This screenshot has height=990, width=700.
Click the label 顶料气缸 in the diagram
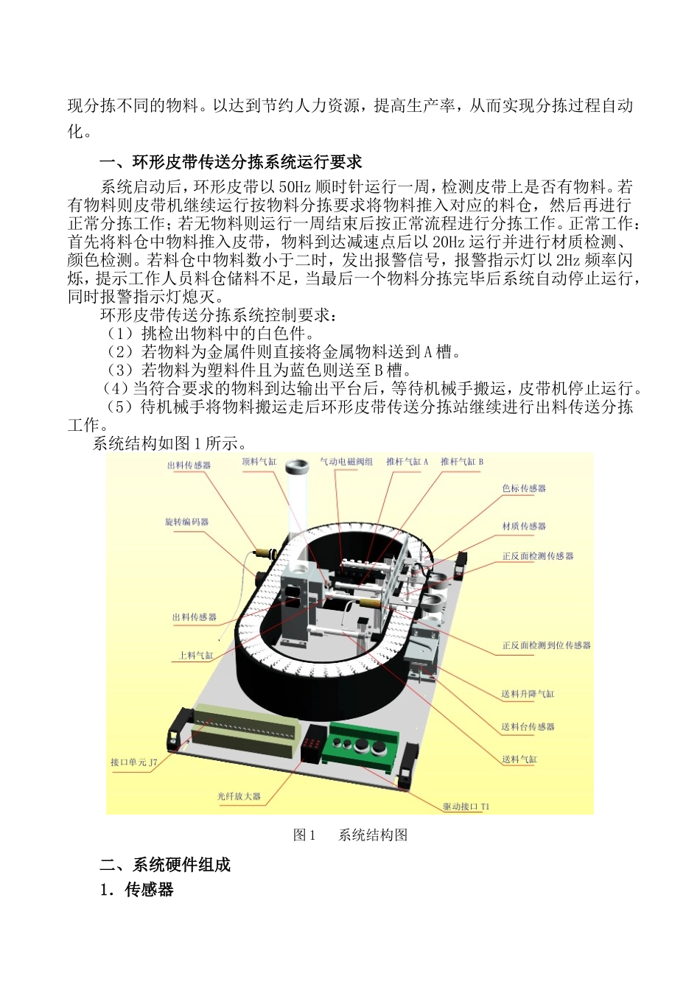click(x=259, y=462)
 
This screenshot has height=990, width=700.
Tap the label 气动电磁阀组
click(x=346, y=462)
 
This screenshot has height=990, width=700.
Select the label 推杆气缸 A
click(x=407, y=462)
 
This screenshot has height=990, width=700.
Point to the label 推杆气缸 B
click(x=462, y=462)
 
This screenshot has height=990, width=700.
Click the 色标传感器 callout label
click(x=524, y=488)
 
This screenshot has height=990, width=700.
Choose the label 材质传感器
click(x=524, y=526)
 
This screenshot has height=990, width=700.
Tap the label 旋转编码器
click(x=186, y=522)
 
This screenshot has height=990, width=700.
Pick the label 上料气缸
click(x=196, y=655)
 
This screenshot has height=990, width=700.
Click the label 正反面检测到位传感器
click(x=546, y=645)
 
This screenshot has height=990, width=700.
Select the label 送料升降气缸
click(x=528, y=694)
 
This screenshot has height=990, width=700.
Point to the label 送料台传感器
click(x=528, y=727)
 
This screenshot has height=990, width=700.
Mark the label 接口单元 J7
click(x=133, y=762)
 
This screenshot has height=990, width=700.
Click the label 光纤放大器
click(x=239, y=796)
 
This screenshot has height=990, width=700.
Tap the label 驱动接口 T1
click(x=466, y=807)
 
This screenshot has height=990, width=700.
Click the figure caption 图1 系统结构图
click(x=350, y=835)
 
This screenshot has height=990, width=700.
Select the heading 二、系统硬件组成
click(x=165, y=865)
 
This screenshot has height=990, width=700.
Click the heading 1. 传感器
click(x=137, y=890)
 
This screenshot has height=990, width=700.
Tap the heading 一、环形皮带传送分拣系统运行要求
click(x=231, y=162)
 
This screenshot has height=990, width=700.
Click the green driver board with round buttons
click(x=364, y=744)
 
